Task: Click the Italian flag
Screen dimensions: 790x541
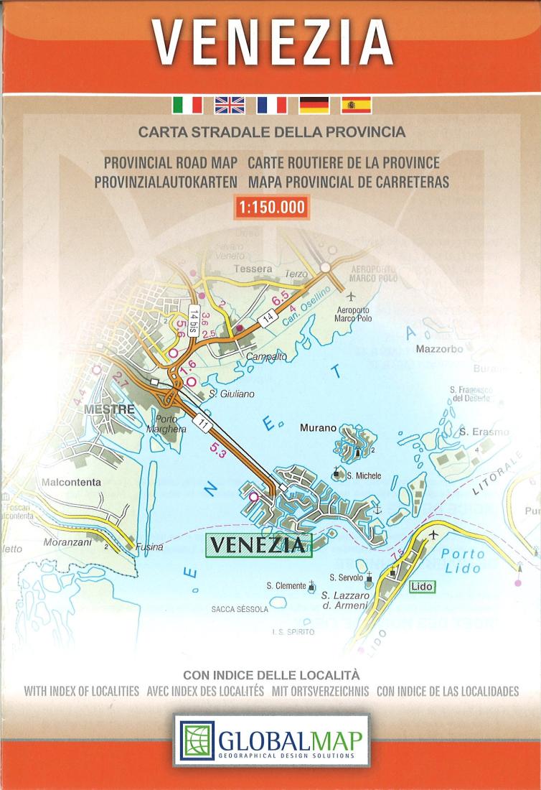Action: click(x=187, y=105)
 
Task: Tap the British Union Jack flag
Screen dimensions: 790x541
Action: click(x=230, y=105)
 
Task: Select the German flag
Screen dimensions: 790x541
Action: click(x=314, y=105)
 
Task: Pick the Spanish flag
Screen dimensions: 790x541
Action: click(x=355, y=105)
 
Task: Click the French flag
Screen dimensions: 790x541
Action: click(x=272, y=105)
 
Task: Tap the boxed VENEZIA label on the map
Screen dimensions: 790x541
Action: click(x=258, y=544)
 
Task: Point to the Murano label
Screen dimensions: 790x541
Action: click(x=318, y=428)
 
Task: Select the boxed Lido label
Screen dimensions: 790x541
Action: click(x=422, y=587)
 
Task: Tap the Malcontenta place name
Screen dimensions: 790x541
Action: click(x=72, y=483)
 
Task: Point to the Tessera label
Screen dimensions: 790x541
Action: click(x=253, y=269)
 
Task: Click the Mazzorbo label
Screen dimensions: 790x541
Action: click(x=439, y=350)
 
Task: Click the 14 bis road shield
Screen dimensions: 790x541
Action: click(x=194, y=318)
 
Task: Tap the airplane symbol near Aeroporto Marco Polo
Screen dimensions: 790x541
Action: click(x=351, y=296)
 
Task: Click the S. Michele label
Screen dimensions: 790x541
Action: click(x=363, y=475)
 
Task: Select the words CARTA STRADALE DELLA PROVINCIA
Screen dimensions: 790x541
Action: click(x=272, y=133)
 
